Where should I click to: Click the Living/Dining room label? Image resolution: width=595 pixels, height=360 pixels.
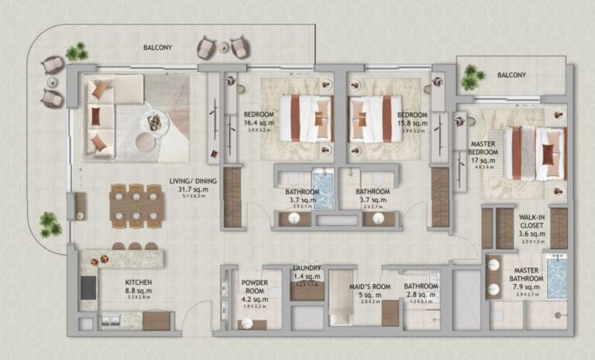click(193, 186)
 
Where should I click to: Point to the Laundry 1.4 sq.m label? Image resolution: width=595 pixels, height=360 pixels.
click(308, 272)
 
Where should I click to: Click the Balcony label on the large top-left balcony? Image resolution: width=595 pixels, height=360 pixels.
click(157, 47)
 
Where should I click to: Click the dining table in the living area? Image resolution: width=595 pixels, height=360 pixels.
click(137, 205)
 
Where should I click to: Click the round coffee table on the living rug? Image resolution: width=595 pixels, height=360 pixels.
click(145, 142)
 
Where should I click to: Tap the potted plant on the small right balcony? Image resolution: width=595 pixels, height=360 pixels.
click(471, 77)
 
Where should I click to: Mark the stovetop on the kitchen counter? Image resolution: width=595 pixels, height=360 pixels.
click(88, 287)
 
